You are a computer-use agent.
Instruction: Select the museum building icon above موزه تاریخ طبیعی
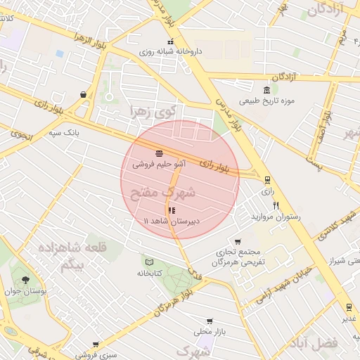(266, 90)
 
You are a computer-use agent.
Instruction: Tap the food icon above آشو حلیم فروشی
(160, 153)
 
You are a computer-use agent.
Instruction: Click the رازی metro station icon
(266, 180)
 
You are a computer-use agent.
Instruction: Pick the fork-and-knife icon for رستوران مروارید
(276, 206)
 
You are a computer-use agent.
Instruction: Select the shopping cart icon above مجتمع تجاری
(238, 242)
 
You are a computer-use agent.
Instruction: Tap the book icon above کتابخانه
(148, 261)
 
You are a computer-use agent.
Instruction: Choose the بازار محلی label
(209, 330)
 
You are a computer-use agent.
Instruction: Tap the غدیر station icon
(349, 307)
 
